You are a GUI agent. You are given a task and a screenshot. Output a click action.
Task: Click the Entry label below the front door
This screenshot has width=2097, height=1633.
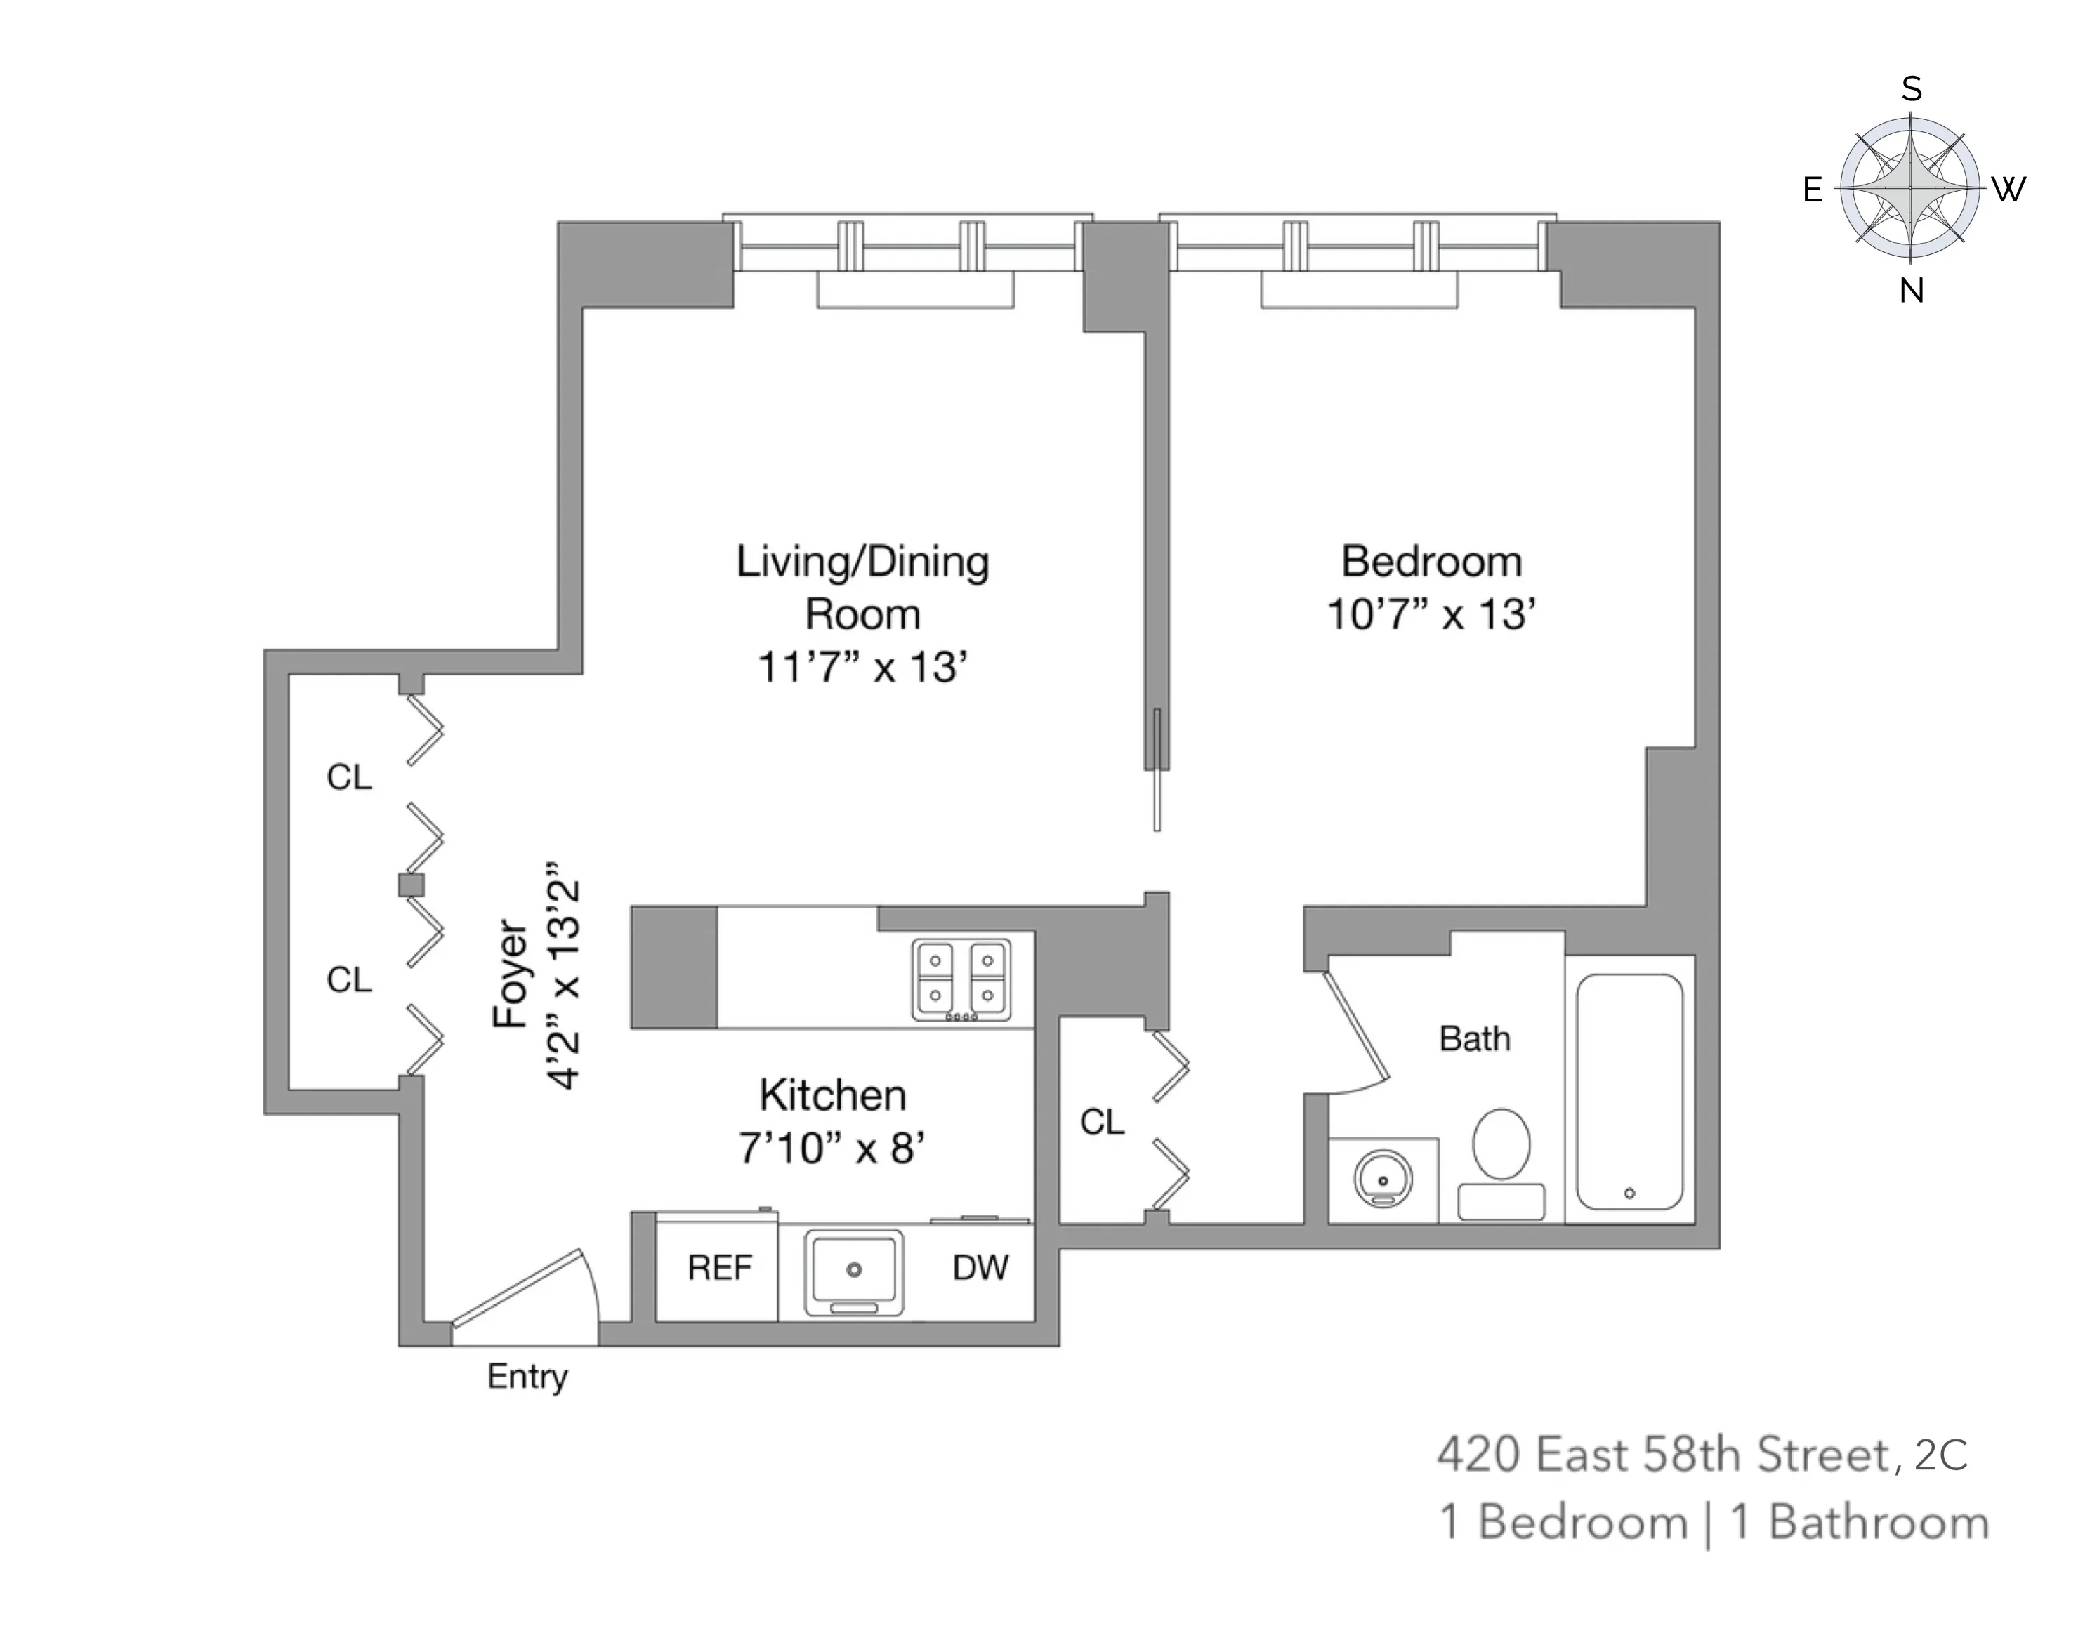tap(527, 1377)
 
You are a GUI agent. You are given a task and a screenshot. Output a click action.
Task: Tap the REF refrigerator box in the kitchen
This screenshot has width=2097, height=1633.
tap(718, 1268)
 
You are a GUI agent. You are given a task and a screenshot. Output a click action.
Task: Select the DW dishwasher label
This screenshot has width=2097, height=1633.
tap(980, 1267)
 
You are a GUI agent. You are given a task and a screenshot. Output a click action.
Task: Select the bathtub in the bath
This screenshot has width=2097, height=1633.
tap(1629, 1092)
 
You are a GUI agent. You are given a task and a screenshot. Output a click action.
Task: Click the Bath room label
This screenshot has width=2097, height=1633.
tap(1474, 1039)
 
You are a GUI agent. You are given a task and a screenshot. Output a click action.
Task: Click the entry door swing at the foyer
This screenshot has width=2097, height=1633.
tap(523, 1291)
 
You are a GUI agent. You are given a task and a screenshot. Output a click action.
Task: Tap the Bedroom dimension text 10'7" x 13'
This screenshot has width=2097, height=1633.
tap(1431, 614)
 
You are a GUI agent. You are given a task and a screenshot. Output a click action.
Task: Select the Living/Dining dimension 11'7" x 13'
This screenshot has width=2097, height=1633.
tap(861, 667)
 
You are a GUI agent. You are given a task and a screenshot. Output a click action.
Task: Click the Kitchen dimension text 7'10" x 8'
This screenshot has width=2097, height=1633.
tap(831, 1148)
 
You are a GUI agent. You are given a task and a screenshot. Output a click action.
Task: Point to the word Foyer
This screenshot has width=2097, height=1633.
tap(510, 974)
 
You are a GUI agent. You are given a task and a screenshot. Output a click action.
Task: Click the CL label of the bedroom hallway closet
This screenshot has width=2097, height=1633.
tap(1101, 1121)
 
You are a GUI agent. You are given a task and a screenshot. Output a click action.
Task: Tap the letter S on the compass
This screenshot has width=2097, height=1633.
tap(1911, 89)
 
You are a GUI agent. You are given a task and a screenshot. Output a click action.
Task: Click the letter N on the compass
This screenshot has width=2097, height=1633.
tap(1911, 291)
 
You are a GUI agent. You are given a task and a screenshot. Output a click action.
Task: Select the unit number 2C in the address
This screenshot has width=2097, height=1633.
tap(1940, 1455)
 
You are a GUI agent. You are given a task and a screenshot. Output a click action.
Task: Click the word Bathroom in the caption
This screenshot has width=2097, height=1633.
tap(1878, 1523)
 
